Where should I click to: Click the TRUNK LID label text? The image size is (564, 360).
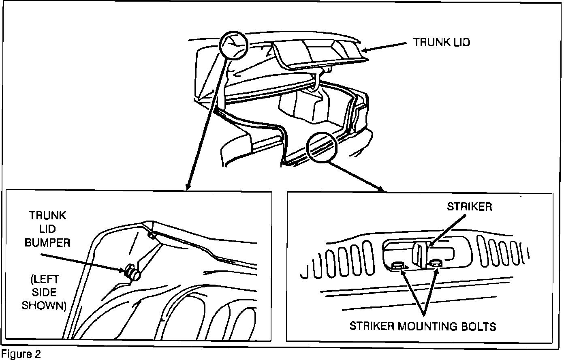pos(441,43)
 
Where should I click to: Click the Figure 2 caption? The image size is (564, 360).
pos(21,354)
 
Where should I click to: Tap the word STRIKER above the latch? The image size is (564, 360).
pos(469,207)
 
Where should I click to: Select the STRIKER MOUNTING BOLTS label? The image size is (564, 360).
pos(423,326)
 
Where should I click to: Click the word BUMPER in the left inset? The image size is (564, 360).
pos(47,242)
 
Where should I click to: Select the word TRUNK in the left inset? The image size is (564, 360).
pos(47,215)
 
